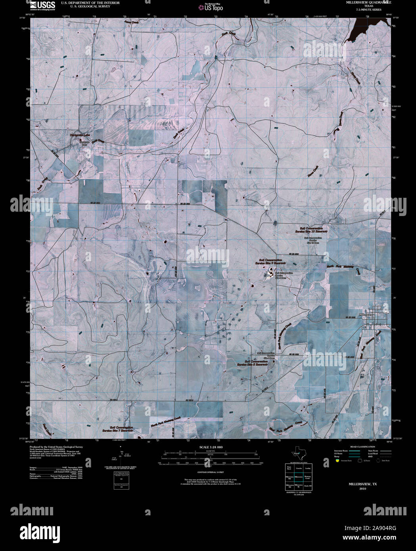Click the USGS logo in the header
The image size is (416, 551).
(42, 6)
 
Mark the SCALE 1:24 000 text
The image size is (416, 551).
(212, 447)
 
